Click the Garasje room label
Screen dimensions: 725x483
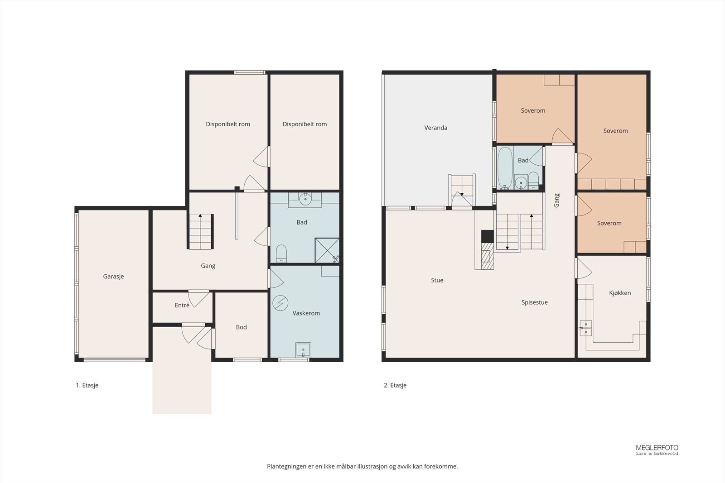coord(113,277)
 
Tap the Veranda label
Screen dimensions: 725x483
coord(435,128)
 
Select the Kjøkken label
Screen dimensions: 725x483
coord(620,293)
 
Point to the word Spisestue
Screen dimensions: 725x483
coord(534,302)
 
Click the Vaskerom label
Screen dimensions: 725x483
coord(306,313)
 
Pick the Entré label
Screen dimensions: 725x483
coord(182,305)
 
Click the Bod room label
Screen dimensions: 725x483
coord(241,327)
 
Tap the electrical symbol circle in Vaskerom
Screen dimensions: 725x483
coord(280,303)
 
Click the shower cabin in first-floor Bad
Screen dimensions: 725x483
coord(327,250)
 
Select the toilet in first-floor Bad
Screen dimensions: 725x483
coord(281,253)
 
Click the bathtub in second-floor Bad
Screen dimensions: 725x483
coord(505,168)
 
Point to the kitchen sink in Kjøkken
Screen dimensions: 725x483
coord(585,328)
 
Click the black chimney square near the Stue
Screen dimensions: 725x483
coord(488,236)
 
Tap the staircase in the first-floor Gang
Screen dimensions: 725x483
coord(200,231)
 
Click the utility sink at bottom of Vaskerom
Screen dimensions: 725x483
coord(303,350)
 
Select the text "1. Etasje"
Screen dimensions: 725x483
coord(87,385)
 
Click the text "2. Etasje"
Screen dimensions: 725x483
coord(395,385)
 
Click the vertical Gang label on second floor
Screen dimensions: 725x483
coord(557,201)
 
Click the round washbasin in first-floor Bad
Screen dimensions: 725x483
coord(305,199)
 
